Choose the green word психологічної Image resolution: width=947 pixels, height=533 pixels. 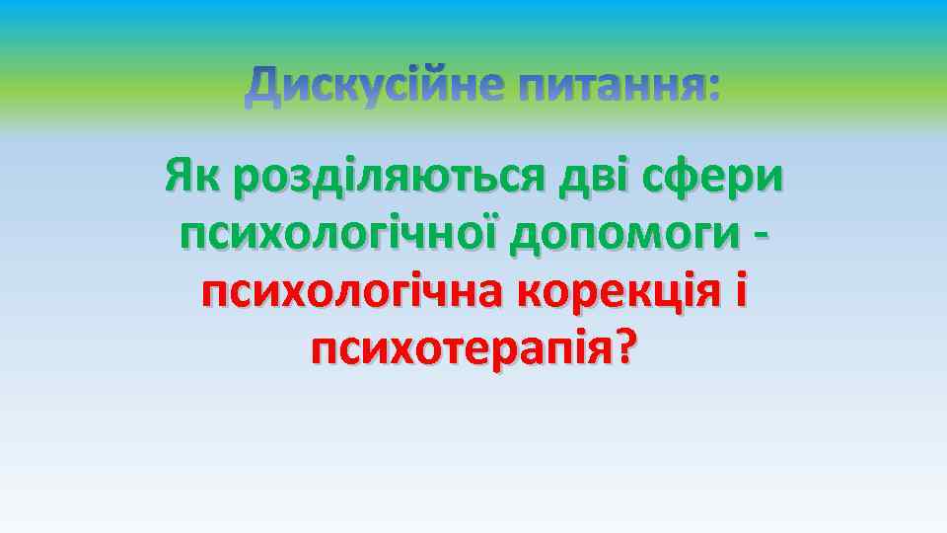pos(338,236)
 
